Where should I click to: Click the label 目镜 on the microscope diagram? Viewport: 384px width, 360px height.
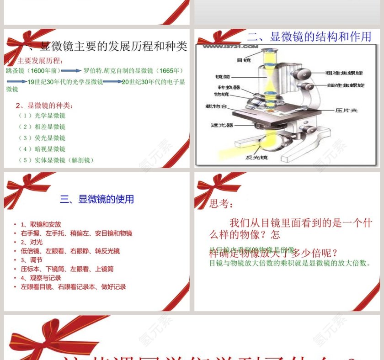244,60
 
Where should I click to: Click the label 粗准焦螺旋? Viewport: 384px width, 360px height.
344,73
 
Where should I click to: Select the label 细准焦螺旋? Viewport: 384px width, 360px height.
345,85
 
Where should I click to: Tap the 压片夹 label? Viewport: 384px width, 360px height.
346,110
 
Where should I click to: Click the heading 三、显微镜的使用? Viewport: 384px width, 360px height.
97,199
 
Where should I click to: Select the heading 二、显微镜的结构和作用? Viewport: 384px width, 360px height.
309,37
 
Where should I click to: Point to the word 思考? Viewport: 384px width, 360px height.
221,204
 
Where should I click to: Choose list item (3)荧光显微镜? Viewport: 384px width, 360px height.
42,138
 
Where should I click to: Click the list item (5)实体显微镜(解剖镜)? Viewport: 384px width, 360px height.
56,160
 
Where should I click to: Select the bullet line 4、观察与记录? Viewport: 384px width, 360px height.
41,278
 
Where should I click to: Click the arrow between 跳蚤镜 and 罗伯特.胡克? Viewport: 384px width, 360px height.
71,71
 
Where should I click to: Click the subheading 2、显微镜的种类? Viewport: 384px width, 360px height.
44,106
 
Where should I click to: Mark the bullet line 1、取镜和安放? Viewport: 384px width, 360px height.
41,224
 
